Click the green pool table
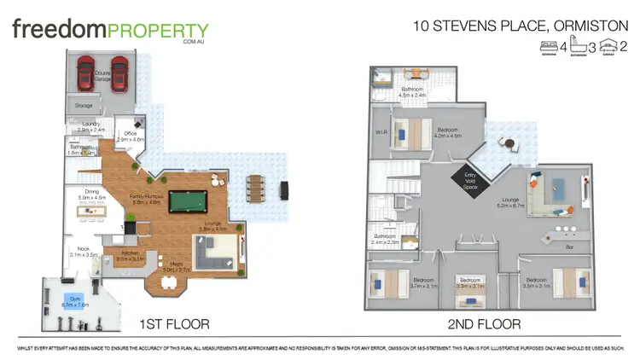point(187,201)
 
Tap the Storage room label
point(84,106)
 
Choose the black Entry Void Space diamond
point(469,178)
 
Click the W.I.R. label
point(381,132)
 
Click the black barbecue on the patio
point(286,187)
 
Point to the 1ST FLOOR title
point(173,324)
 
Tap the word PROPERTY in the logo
point(158,32)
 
